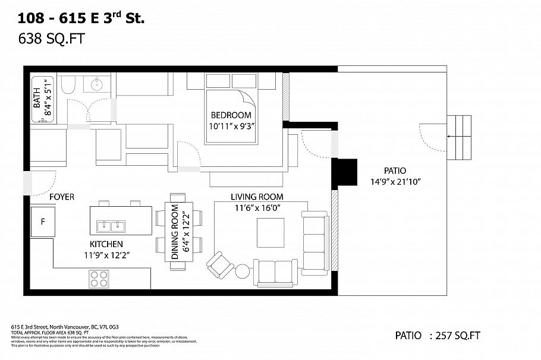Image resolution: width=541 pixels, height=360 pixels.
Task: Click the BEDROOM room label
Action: [231, 115]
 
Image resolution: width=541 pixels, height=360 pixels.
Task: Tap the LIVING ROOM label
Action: [257, 197]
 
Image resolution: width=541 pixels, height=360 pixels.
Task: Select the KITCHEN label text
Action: [106, 244]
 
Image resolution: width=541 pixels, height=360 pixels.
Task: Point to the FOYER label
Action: [62, 197]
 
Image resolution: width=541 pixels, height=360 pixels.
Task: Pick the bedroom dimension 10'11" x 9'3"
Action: [231, 126]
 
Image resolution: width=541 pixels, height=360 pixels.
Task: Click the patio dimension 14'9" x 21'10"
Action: [395, 182]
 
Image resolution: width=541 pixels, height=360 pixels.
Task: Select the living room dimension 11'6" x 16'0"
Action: [257, 208]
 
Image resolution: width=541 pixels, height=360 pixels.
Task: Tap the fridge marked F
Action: [43, 222]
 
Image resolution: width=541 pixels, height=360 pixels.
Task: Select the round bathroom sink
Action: [96, 84]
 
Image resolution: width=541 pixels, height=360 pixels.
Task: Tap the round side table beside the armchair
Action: [243, 271]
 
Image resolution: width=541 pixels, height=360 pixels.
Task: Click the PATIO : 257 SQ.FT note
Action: [438, 336]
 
